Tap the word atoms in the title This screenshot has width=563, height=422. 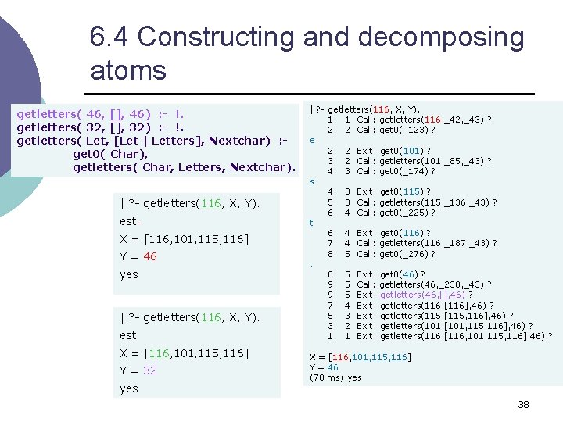(x=128, y=70)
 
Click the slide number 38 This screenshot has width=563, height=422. (x=523, y=404)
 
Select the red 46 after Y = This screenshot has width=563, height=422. (x=150, y=256)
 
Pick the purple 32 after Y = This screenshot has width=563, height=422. (x=150, y=370)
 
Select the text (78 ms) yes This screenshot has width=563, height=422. (x=335, y=377)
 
